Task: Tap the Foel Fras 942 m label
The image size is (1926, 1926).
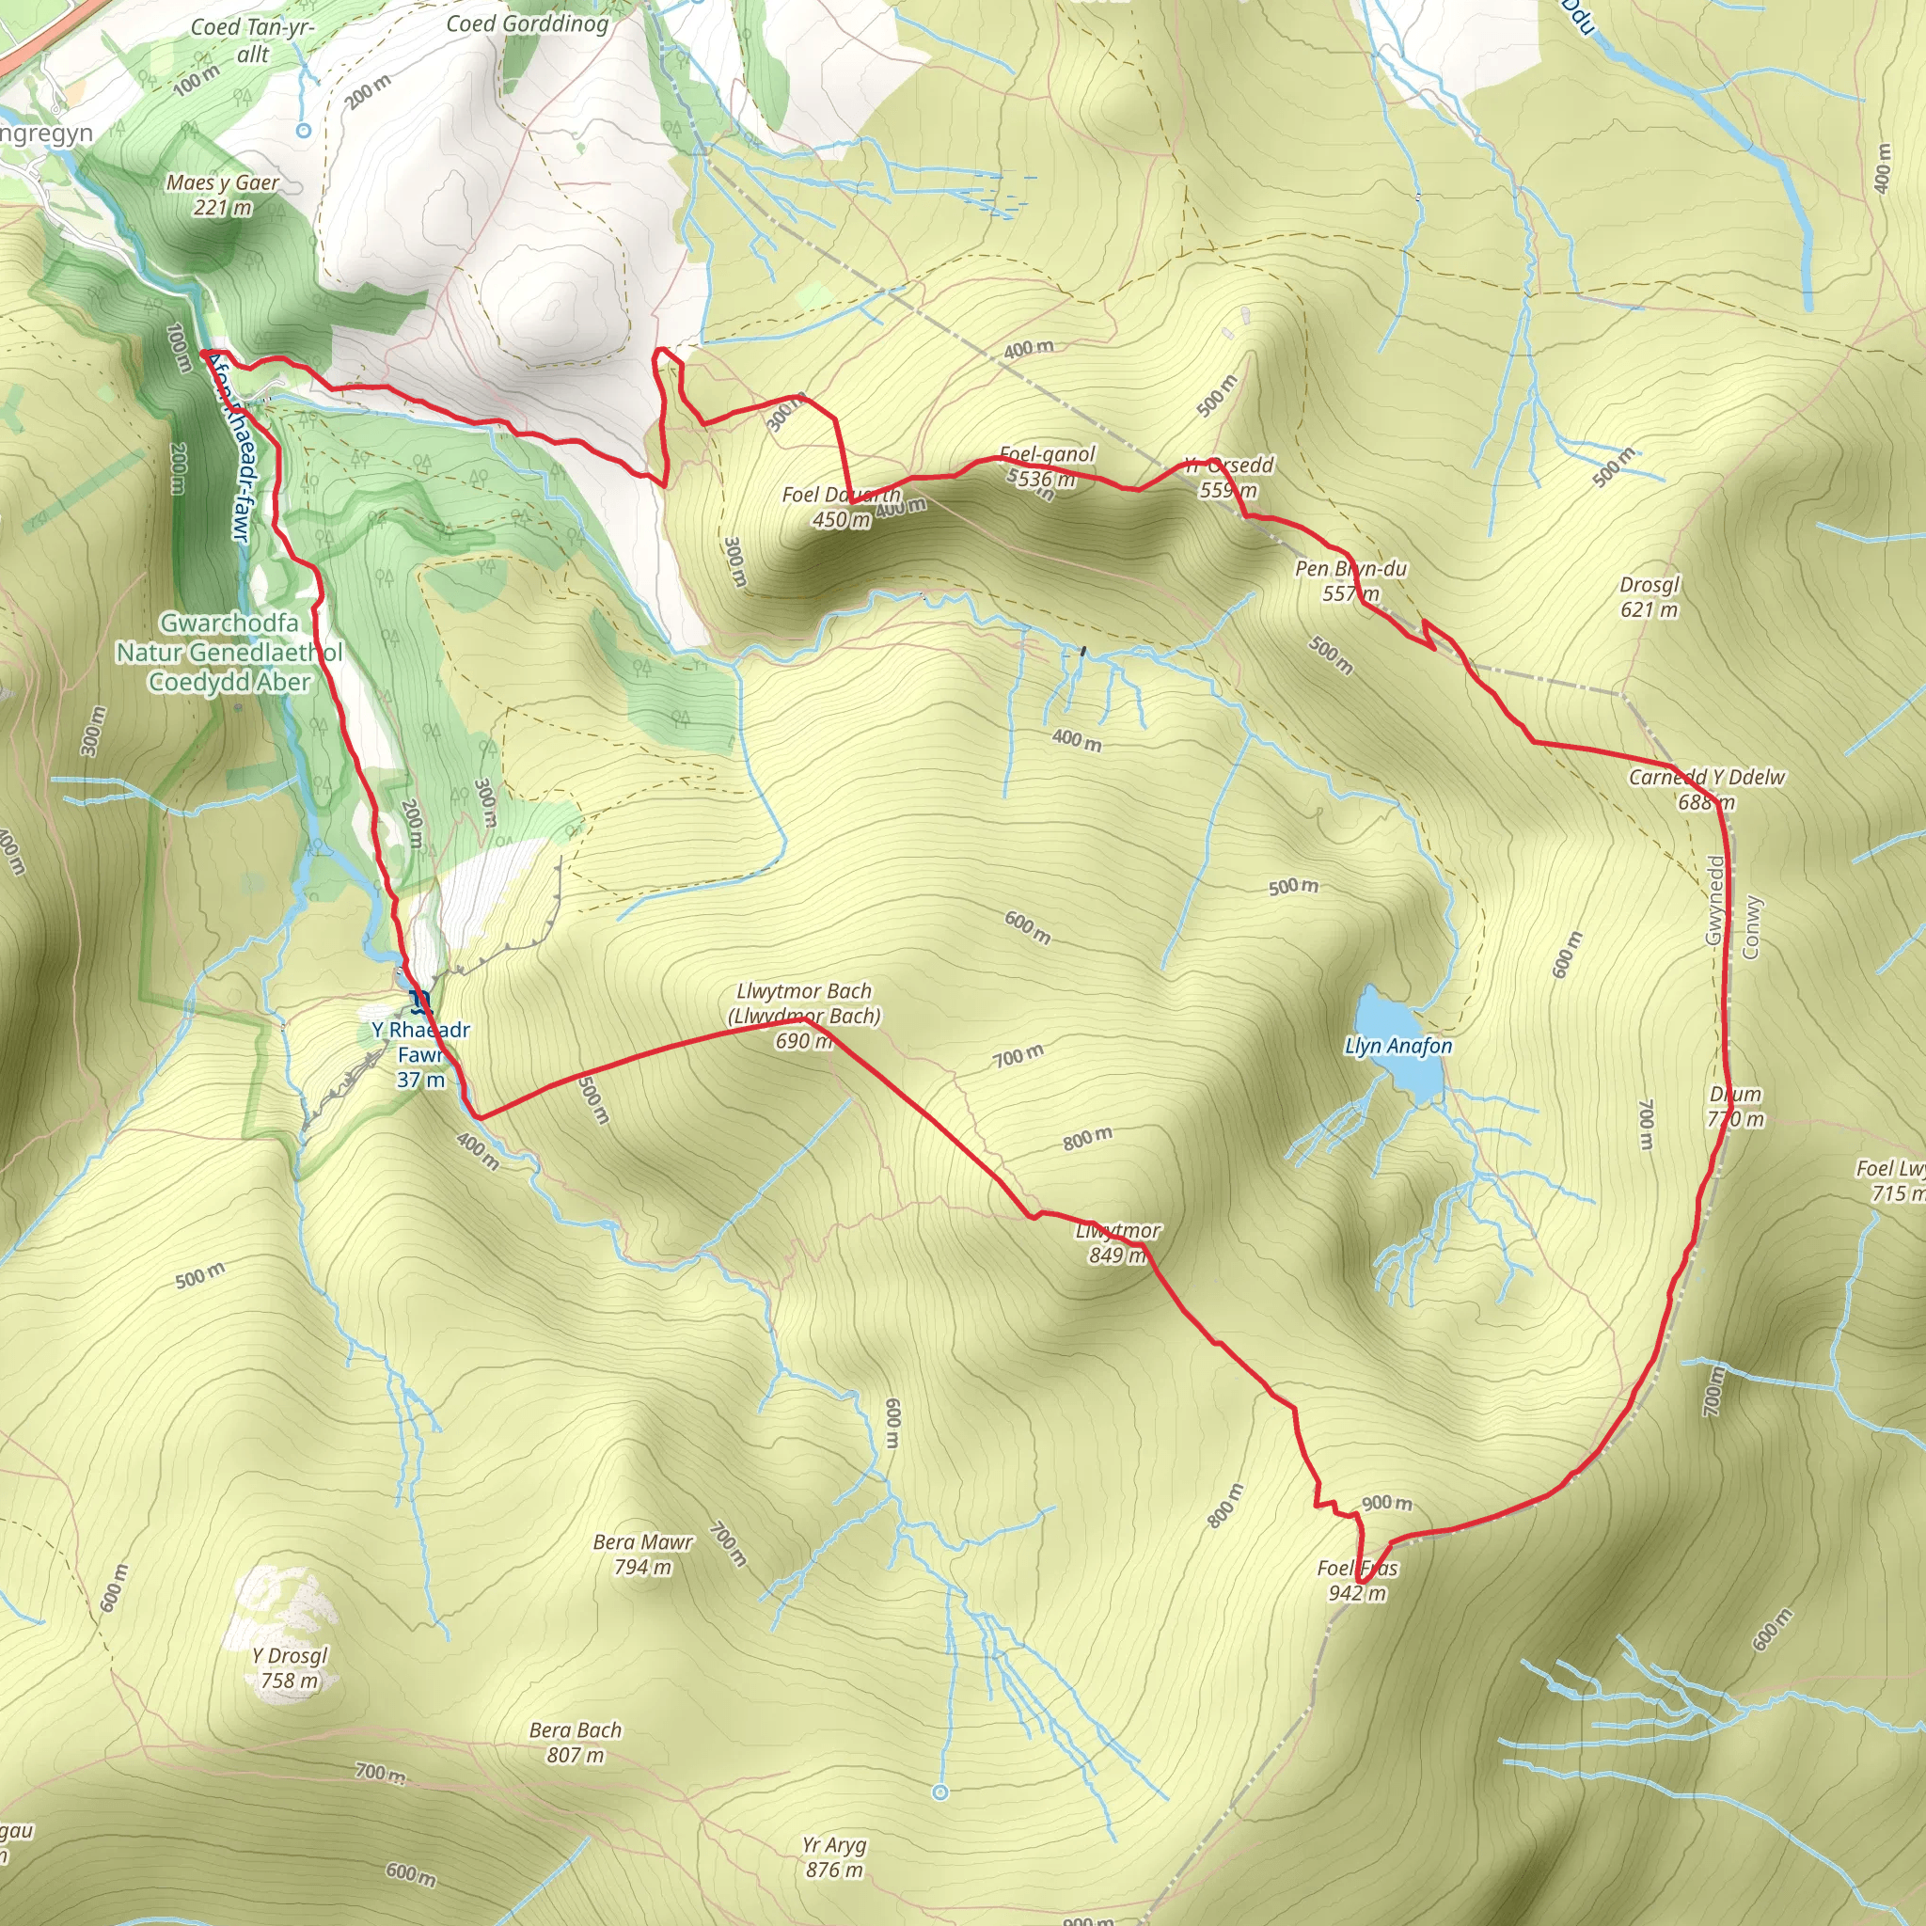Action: (x=1357, y=1580)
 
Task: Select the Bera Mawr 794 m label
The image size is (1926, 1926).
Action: (x=642, y=1555)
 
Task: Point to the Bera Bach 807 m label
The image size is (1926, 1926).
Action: (x=576, y=1743)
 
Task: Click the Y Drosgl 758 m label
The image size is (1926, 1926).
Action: (x=289, y=1667)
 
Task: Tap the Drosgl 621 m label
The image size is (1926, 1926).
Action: (x=1649, y=597)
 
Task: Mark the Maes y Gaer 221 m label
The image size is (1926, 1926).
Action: (x=222, y=195)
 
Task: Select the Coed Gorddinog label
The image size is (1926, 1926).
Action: (x=528, y=24)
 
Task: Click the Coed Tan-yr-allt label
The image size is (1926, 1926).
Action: (x=252, y=40)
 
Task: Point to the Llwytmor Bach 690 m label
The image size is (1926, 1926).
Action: (x=803, y=1016)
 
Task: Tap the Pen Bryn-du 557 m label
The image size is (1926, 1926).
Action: (x=1350, y=580)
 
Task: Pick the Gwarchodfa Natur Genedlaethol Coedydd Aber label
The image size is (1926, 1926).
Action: (x=229, y=652)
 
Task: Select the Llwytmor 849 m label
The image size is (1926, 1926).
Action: (x=1117, y=1242)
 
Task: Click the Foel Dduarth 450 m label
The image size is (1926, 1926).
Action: (x=842, y=507)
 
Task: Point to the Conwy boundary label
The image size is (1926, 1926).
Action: (x=1750, y=927)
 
